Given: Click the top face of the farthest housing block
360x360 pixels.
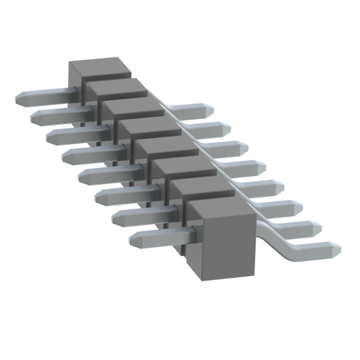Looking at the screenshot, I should (x=98, y=66).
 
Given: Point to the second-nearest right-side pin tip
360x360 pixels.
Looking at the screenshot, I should (x=316, y=227).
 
